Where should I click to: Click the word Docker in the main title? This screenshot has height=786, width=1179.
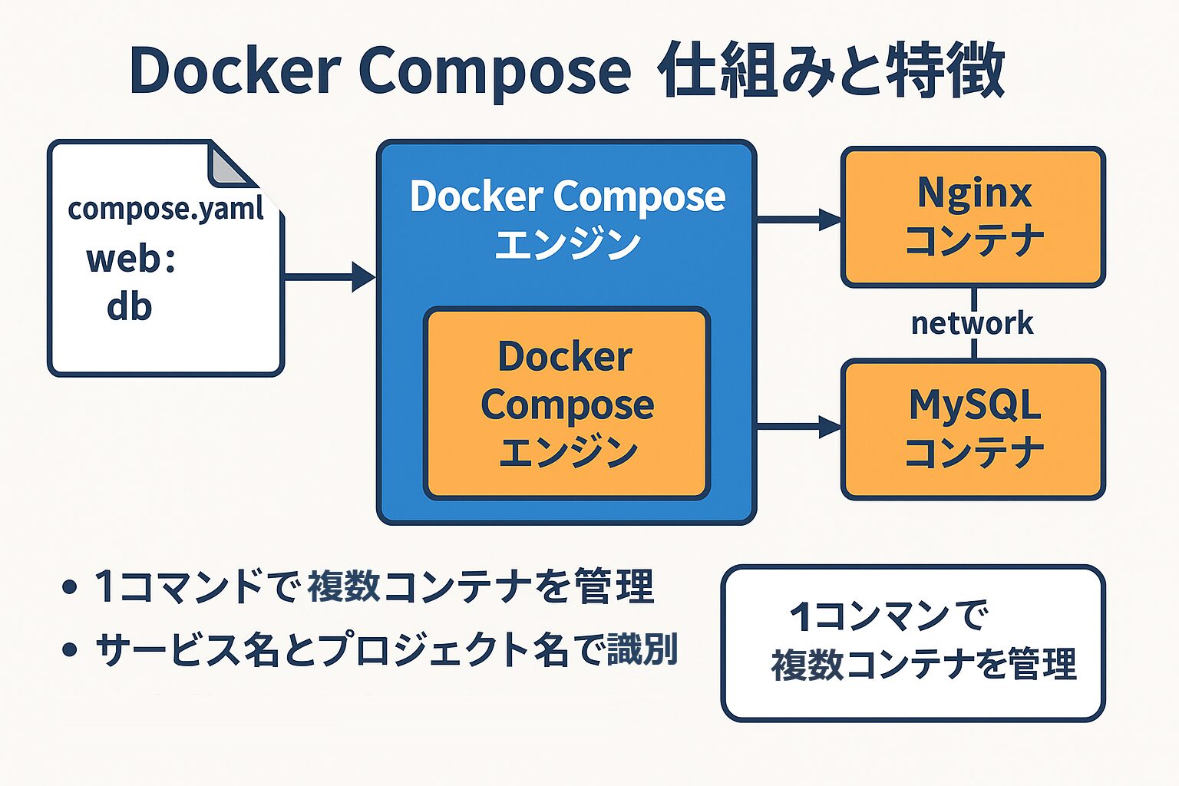pos(235,71)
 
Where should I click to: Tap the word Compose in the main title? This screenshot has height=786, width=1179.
pos(494,71)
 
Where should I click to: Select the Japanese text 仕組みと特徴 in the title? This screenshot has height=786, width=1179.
pos(831,71)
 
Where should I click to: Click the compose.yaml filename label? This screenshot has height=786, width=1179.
pos(166,209)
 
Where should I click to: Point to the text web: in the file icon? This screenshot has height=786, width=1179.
pos(130,259)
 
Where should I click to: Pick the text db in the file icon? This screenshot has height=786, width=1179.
pos(129,307)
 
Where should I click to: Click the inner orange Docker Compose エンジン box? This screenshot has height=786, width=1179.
pos(566,404)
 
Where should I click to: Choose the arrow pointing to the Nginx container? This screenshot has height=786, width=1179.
pos(798,220)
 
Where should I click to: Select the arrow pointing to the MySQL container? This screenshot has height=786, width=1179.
pos(798,427)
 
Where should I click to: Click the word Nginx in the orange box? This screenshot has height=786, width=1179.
pos(973,192)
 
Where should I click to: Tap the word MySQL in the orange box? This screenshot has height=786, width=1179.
pos(973,405)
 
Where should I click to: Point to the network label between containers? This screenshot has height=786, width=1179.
pos(972,323)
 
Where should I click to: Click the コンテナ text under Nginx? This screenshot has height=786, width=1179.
pos(973,241)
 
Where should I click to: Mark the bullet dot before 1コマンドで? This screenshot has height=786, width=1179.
pos(70,588)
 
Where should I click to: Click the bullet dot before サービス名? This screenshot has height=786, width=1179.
pos(70,650)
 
